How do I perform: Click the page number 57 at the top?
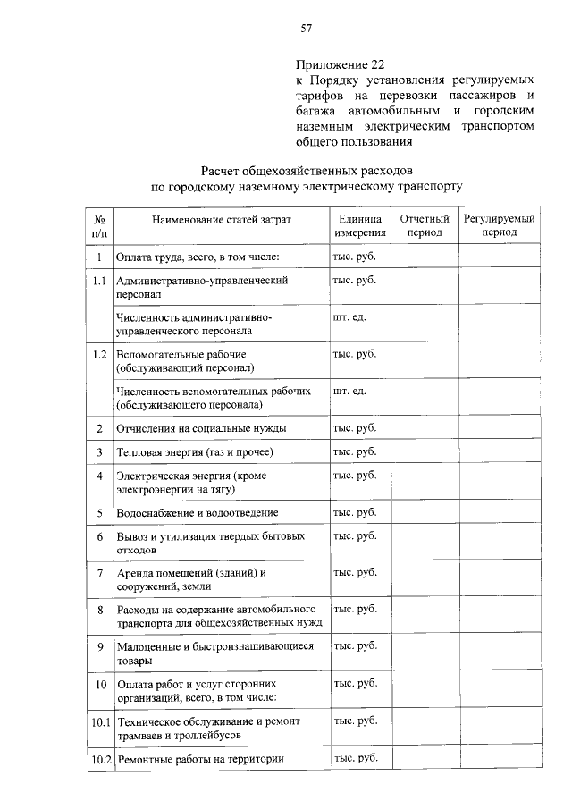pyautogui.click(x=306, y=29)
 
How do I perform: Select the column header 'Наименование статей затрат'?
pyautogui.click(x=221, y=219)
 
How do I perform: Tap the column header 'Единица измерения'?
pyautogui.click(x=360, y=226)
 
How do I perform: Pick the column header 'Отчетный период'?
pyautogui.click(x=424, y=225)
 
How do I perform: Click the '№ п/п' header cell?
pyautogui.click(x=100, y=226)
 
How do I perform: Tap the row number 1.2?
pyautogui.click(x=100, y=354)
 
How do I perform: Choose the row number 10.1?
pyautogui.click(x=100, y=721)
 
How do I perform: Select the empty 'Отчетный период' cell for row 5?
pyautogui.click(x=424, y=513)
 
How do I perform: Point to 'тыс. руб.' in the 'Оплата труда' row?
pyautogui.click(x=355, y=257)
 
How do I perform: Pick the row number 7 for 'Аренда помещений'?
pyautogui.click(x=100, y=572)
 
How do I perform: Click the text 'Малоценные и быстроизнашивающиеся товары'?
pyautogui.click(x=214, y=653)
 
